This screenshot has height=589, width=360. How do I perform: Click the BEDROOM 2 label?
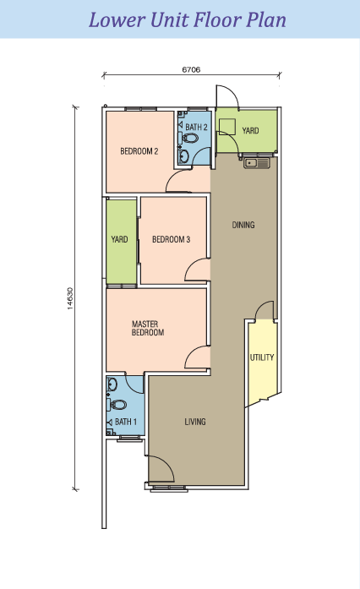coord(139,152)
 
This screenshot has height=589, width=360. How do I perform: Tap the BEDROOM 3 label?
coord(171,240)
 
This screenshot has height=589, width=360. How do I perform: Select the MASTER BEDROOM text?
coord(148,329)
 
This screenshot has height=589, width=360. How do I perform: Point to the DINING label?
coord(243,225)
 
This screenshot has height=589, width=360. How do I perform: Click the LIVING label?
coord(196,421)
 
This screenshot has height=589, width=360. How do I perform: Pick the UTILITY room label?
coord(261,357)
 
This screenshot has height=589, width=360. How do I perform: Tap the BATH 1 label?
coord(124,422)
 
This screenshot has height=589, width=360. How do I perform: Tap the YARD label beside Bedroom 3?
coord(120,240)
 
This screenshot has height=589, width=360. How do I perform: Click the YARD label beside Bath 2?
coord(251,131)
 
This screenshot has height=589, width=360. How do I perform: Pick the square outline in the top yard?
coord(226,127)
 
